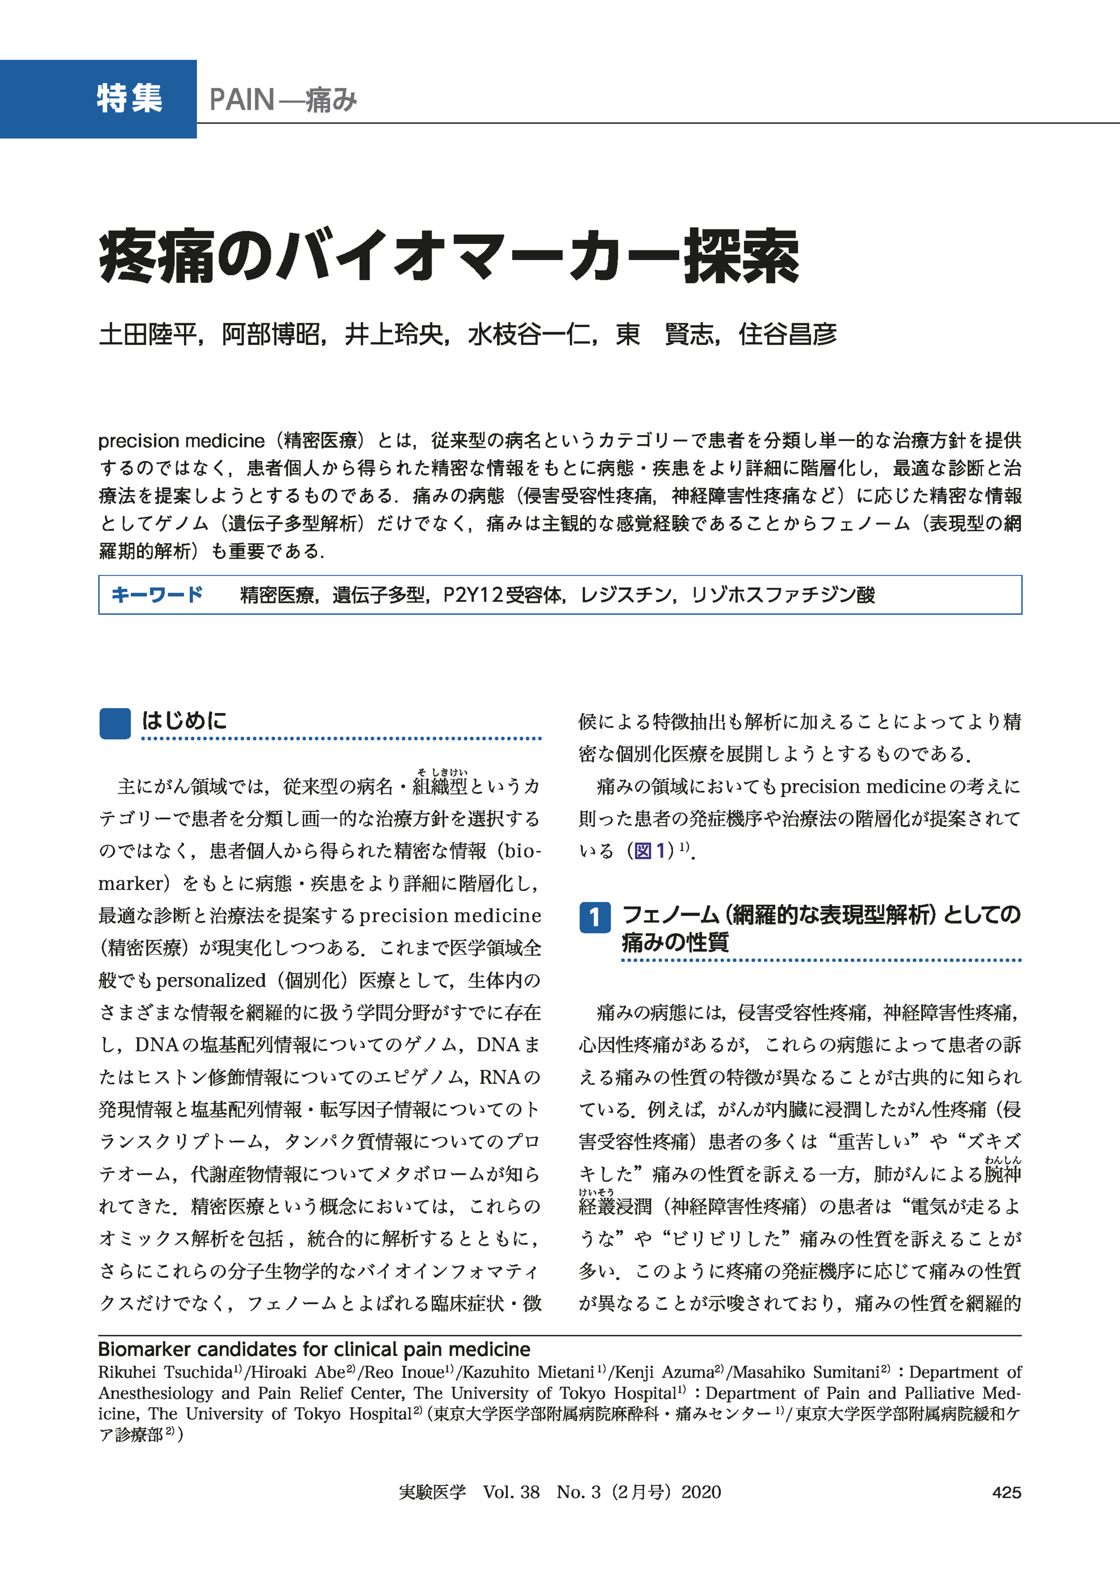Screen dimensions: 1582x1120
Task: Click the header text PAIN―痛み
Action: pyautogui.click(x=283, y=100)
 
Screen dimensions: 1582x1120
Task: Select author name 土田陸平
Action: pyautogui.click(x=148, y=335)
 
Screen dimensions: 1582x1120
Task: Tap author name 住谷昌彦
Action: pyautogui.click(x=787, y=335)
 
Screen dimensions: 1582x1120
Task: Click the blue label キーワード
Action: pyautogui.click(x=156, y=594)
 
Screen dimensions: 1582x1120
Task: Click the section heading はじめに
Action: pyautogui.click(x=184, y=721)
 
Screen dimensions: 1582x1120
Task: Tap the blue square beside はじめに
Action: pyautogui.click(x=114, y=724)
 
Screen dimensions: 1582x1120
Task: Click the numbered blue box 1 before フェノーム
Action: pyautogui.click(x=595, y=917)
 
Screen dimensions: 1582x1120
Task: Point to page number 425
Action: pyautogui.click(x=1006, y=1492)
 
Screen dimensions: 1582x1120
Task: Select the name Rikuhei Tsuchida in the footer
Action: pyautogui.click(x=165, y=1372)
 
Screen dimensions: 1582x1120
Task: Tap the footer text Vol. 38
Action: pyautogui.click(x=511, y=1492)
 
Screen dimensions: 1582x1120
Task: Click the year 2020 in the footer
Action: pyautogui.click(x=701, y=1492)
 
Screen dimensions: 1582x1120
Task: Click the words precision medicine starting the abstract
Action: pyautogui.click(x=181, y=441)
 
